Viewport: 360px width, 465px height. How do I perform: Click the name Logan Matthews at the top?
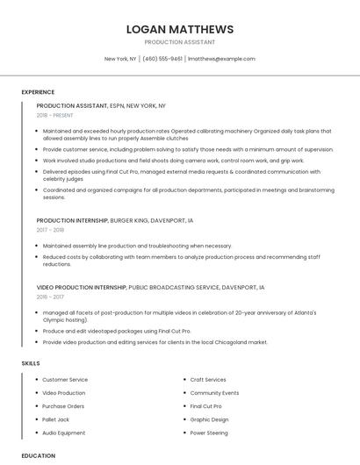(x=180, y=29)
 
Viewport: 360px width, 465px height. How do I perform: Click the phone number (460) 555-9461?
(x=162, y=59)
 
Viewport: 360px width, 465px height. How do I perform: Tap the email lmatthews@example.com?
(x=222, y=59)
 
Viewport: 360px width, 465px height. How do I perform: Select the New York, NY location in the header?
(x=120, y=59)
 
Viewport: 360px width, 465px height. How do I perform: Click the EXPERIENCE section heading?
(x=38, y=92)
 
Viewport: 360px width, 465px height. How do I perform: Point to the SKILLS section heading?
(x=31, y=362)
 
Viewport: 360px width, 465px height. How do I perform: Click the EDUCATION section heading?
(x=39, y=455)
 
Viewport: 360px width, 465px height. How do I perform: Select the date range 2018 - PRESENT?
(x=55, y=115)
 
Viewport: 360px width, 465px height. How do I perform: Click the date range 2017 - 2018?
(x=50, y=230)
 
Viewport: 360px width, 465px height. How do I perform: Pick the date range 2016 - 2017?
(x=50, y=297)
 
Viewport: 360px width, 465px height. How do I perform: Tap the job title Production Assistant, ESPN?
(x=101, y=105)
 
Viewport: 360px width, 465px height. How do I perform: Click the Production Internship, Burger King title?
(x=115, y=220)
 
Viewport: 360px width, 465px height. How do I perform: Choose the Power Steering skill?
(x=209, y=433)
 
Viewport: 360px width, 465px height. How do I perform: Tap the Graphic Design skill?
(x=209, y=419)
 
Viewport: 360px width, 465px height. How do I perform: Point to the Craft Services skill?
(x=208, y=380)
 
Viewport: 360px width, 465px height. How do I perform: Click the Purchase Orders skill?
(x=63, y=406)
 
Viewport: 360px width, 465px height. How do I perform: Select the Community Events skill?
(x=214, y=393)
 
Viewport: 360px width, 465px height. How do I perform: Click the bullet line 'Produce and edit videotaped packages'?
(x=117, y=331)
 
